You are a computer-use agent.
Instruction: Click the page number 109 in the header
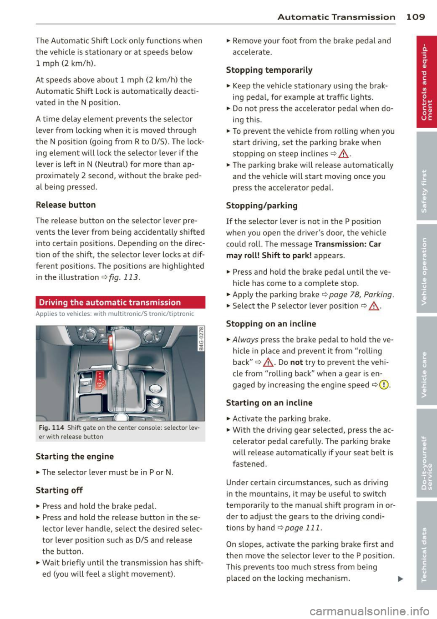416,17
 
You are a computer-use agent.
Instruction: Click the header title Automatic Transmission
336,17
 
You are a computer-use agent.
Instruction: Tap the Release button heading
66,205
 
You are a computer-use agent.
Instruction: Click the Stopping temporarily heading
269,70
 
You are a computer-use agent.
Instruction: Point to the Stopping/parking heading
262,206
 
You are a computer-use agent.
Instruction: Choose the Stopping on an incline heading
271,324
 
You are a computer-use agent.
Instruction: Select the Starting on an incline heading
269,403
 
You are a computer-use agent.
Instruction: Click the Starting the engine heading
75,457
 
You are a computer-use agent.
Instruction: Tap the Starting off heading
59,490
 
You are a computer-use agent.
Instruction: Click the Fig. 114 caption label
51,428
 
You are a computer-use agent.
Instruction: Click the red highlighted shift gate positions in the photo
100,379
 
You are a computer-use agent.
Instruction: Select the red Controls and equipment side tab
426,82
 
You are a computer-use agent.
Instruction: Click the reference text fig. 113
124,277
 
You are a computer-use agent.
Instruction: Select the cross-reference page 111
303,528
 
